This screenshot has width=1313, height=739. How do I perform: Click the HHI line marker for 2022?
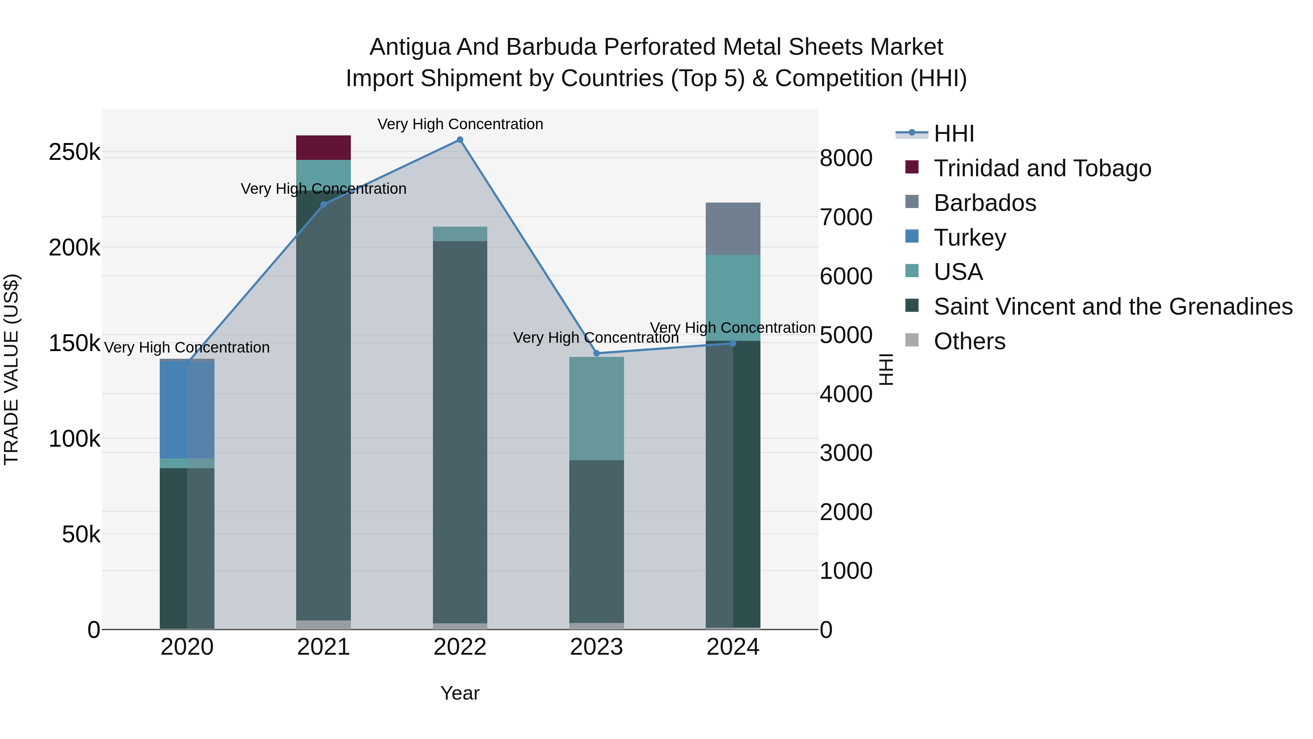(x=460, y=140)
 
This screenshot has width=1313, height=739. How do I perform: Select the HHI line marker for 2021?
(x=324, y=204)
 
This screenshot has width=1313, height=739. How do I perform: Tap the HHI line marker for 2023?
(x=596, y=353)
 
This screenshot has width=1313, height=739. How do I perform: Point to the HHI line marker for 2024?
(x=733, y=343)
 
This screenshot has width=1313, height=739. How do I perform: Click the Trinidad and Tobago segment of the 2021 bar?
(x=324, y=148)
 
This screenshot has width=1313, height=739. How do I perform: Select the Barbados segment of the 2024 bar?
(x=733, y=228)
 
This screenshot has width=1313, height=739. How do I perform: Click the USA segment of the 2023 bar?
(x=596, y=408)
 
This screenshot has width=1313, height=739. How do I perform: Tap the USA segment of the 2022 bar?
(x=460, y=234)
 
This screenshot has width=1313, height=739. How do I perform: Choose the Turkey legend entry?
(x=969, y=238)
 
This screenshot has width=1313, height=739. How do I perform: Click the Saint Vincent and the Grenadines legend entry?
(x=1113, y=307)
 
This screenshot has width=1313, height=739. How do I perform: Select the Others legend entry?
(x=969, y=341)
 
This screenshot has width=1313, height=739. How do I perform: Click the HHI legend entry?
(x=954, y=134)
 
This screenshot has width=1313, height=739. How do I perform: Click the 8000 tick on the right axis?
(x=846, y=158)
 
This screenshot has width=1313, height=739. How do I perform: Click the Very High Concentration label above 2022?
(x=460, y=124)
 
